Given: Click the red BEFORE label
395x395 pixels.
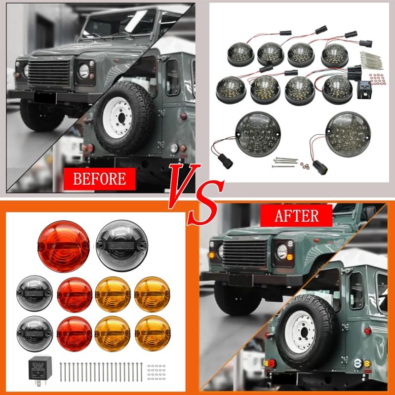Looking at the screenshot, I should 99,178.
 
